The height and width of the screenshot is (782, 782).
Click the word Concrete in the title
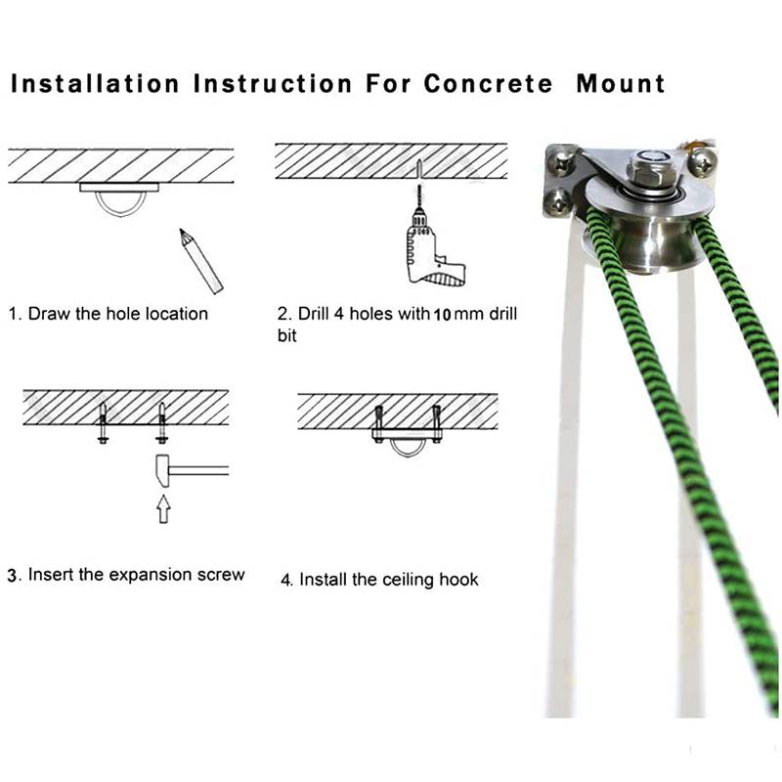pos(488,83)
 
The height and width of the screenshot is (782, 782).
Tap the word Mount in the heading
pos(621,83)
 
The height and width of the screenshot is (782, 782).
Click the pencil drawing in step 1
pos(201,261)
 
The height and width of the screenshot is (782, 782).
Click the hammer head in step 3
pos(162,471)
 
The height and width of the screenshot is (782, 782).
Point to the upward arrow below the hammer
pos(163,508)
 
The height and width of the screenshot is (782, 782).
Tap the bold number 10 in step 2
pos(442,315)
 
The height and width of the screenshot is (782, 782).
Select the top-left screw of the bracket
pos(561,161)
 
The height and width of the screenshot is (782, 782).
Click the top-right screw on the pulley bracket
pos(703,160)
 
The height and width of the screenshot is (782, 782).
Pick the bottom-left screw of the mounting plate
pos(557,201)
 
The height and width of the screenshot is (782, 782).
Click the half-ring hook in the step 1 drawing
pos(119,208)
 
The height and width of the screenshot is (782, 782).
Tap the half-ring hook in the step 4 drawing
pos(407,452)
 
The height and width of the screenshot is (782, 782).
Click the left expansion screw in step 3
pos(104,422)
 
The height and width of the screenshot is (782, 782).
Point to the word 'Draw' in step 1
pos(48,314)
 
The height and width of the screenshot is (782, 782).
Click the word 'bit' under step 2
pos(286,335)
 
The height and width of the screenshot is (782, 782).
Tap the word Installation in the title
pos(95,83)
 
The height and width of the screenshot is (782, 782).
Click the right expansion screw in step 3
pos(162,422)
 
